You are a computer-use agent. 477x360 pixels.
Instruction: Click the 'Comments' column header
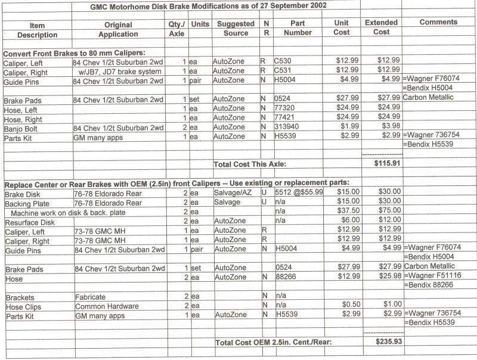click(x=438, y=22)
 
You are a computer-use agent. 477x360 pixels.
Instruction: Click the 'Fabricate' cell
click(x=90, y=296)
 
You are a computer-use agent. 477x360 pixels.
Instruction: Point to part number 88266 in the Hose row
click(x=287, y=277)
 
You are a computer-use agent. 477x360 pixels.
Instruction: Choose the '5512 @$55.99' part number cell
click(x=299, y=193)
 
